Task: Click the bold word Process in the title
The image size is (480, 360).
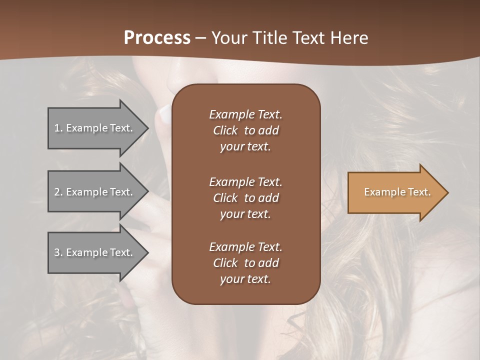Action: coord(157,38)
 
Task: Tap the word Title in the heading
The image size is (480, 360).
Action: coord(268,38)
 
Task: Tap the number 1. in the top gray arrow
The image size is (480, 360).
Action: coord(58,128)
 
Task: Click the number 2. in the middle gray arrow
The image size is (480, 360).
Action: coord(58,192)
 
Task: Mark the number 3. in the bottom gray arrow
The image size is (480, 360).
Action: coord(58,252)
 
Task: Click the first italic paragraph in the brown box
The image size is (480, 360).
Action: coord(245,130)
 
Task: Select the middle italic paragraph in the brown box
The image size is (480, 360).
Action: coord(245,198)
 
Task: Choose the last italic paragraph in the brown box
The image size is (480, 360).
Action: coord(245,263)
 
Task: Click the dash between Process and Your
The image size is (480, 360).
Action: coord(200,38)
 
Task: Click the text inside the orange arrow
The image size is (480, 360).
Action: coord(397,192)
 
